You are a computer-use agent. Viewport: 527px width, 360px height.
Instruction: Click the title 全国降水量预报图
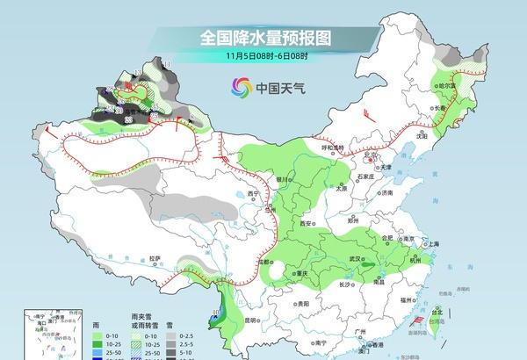pyautogui.click(x=263, y=38)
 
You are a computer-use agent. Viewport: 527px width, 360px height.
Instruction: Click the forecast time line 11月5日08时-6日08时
pyautogui.click(x=263, y=58)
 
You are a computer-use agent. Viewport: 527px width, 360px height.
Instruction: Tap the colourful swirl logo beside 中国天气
pyautogui.click(x=239, y=87)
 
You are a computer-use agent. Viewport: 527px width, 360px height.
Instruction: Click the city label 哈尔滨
pyautogui.click(x=450, y=86)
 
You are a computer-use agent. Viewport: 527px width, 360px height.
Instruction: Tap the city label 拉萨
pyautogui.click(x=155, y=259)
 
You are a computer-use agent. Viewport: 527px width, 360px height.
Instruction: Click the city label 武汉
pyautogui.click(x=356, y=258)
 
